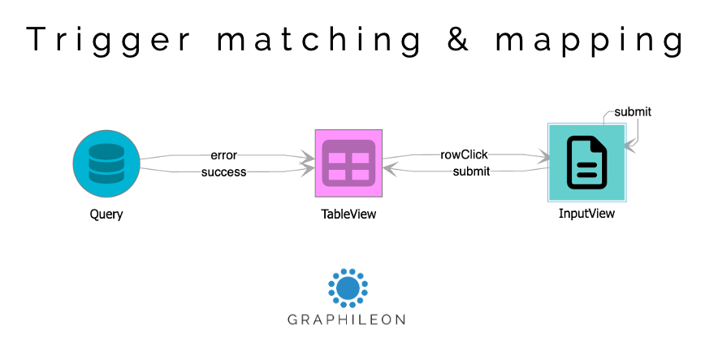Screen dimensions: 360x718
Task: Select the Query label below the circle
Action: pyautogui.click(x=106, y=215)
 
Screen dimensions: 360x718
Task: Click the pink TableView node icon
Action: pyautogui.click(x=348, y=163)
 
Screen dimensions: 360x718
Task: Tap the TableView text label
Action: pyautogui.click(x=348, y=215)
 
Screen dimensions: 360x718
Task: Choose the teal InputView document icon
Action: pyautogui.click(x=586, y=163)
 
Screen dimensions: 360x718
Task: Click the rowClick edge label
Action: pyautogui.click(x=464, y=154)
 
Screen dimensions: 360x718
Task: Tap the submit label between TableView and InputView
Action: pyautogui.click(x=470, y=171)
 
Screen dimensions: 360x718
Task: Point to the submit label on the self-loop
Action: pyautogui.click(x=632, y=111)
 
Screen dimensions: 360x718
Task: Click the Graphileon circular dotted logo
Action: pyautogui.click(x=348, y=288)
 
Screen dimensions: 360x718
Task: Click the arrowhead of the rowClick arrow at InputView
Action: pyautogui.click(x=542, y=154)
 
